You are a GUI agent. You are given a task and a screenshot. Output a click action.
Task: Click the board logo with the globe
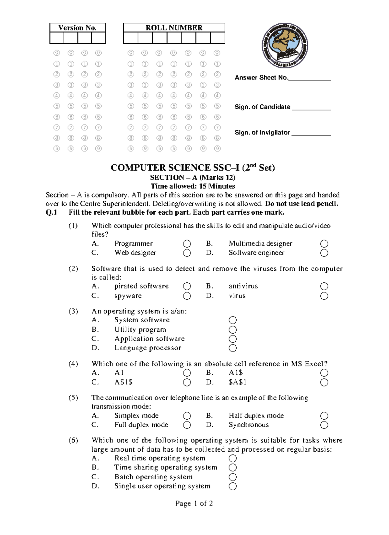pyautogui.click(x=285, y=45)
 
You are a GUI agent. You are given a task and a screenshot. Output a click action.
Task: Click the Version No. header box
pyautogui.click(x=77, y=28)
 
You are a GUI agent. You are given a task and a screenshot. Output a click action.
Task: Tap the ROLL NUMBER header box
pyautogui.click(x=174, y=28)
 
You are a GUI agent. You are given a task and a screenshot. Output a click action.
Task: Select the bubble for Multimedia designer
pyautogui.click(x=324, y=244)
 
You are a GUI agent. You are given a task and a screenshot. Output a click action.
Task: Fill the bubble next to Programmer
pyautogui.click(x=187, y=244)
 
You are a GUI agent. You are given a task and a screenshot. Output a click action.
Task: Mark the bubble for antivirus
pyautogui.click(x=324, y=286)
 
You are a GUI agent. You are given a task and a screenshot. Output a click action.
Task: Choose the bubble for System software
pyautogui.click(x=233, y=320)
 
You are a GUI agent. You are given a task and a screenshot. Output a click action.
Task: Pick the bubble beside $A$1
pyautogui.click(x=324, y=383)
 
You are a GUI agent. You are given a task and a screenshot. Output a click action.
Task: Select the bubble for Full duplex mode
pyautogui.click(x=187, y=425)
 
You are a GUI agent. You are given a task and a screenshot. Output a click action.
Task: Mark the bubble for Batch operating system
pyautogui.click(x=233, y=477)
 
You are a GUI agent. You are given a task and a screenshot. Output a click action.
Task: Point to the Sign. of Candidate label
pyautogui.click(x=262, y=107)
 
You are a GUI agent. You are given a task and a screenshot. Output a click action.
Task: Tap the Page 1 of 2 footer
pyautogui.click(x=194, y=504)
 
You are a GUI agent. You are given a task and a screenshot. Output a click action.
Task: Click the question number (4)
pyautogui.click(x=73, y=364)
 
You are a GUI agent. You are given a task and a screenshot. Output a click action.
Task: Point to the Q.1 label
pyautogui.click(x=52, y=213)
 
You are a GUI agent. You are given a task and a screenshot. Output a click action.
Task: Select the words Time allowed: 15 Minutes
pyautogui.click(x=193, y=186)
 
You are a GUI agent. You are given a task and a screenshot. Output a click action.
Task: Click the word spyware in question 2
pyautogui.click(x=128, y=296)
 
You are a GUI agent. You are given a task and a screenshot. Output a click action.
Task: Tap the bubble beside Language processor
pyautogui.click(x=233, y=348)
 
